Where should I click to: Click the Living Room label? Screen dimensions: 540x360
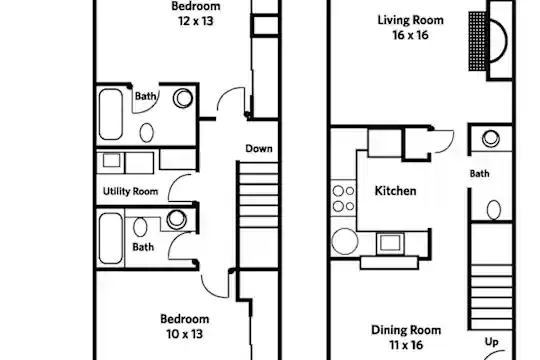(x=411, y=20)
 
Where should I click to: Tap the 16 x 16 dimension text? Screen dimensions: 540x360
(x=411, y=35)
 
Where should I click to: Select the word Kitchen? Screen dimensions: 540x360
(x=395, y=191)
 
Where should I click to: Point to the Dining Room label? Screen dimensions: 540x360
(x=406, y=330)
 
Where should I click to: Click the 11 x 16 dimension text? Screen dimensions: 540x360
(x=406, y=345)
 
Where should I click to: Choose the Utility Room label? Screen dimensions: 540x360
(x=131, y=191)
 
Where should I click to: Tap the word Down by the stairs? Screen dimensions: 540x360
(x=259, y=148)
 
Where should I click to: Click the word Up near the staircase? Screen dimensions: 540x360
(x=491, y=342)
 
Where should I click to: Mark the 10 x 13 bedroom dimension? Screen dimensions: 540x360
(x=185, y=334)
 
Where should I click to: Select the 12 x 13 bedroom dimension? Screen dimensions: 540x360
(x=196, y=21)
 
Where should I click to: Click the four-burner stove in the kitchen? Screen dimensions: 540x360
(x=344, y=198)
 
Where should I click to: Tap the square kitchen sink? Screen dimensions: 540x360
(x=390, y=243)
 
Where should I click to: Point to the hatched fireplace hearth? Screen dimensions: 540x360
(x=478, y=41)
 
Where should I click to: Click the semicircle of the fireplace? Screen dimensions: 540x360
(x=507, y=41)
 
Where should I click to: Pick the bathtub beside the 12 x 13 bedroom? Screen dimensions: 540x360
(x=111, y=114)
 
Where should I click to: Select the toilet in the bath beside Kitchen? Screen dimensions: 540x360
(x=491, y=138)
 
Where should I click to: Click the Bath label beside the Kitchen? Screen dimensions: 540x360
(x=479, y=174)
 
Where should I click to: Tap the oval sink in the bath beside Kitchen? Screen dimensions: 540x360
(x=494, y=210)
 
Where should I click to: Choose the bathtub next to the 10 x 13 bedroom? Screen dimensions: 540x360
(x=111, y=238)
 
